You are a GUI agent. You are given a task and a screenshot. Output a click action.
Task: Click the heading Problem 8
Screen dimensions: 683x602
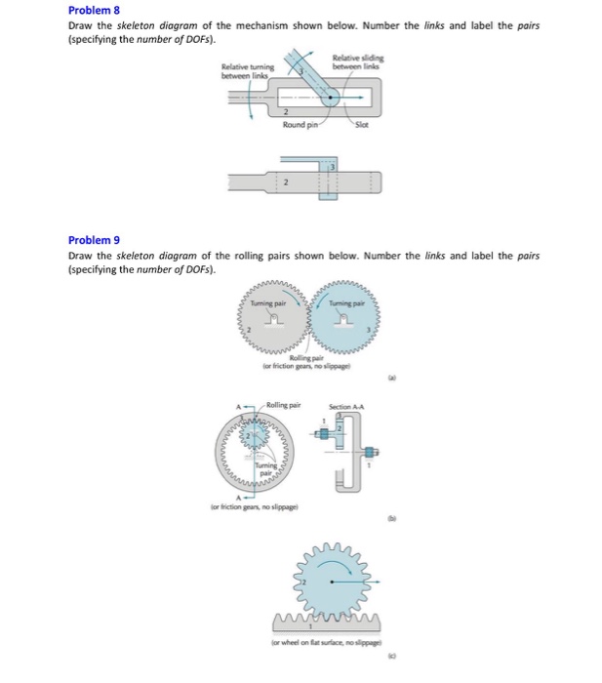tap(93, 11)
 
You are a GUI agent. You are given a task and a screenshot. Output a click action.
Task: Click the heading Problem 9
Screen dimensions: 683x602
tap(93, 240)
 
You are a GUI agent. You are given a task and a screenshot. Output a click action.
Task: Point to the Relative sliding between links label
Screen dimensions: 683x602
tap(357, 61)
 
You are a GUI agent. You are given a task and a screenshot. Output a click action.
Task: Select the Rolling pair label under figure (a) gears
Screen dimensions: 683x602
tap(306, 363)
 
